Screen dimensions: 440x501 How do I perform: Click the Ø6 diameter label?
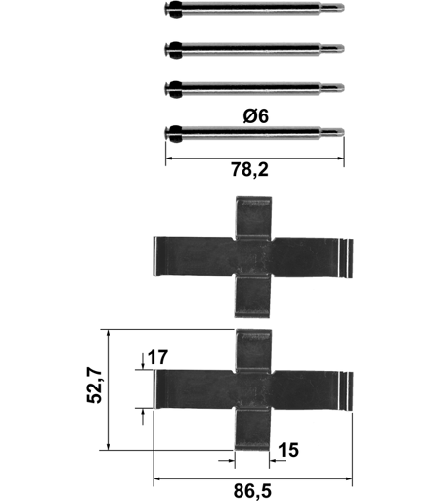click(256, 116)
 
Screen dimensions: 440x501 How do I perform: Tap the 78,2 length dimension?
click(250, 170)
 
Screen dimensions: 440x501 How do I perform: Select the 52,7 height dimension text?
click(95, 386)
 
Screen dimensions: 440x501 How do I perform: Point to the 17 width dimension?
click(157, 357)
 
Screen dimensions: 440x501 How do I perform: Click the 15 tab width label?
click(288, 450)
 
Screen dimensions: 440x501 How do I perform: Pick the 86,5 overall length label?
click(252, 491)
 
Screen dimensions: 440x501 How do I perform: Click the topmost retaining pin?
click(254, 8)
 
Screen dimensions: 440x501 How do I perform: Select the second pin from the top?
click(254, 49)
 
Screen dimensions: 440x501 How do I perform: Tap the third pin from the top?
click(254, 88)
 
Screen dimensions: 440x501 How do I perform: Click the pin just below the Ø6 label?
click(254, 132)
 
